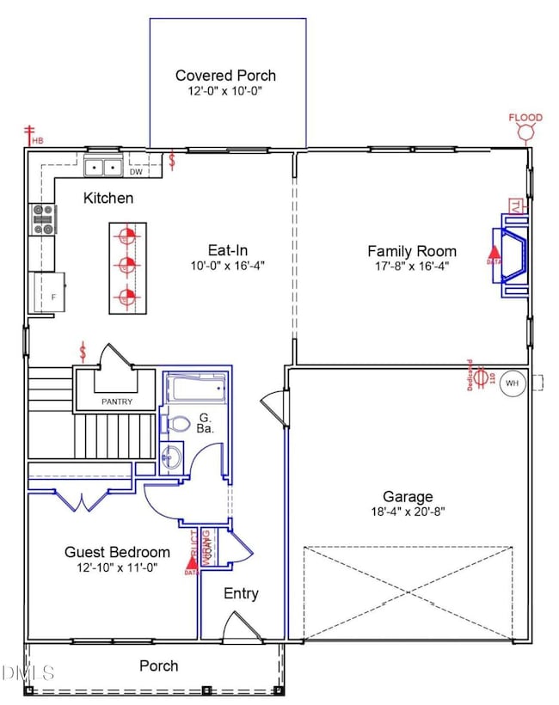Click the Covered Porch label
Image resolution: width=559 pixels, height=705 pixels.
click(x=226, y=76)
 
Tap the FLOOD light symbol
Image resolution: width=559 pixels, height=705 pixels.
click(x=525, y=132)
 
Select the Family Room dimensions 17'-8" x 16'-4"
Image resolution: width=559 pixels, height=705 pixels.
click(x=412, y=267)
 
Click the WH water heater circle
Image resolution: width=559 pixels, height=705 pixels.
click(x=513, y=383)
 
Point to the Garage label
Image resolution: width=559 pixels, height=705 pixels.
click(x=408, y=496)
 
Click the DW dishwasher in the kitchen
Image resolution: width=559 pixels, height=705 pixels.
click(x=135, y=171)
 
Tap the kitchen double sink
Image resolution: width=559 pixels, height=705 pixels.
click(x=105, y=167)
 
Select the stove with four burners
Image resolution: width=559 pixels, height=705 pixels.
click(x=42, y=219)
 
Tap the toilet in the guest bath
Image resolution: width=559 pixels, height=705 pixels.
click(x=176, y=424)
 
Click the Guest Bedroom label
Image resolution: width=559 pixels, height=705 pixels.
click(x=117, y=552)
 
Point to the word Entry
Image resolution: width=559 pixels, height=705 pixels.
click(x=241, y=593)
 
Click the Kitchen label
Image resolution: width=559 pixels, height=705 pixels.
click(x=108, y=199)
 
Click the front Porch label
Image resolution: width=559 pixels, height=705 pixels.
click(x=159, y=665)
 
